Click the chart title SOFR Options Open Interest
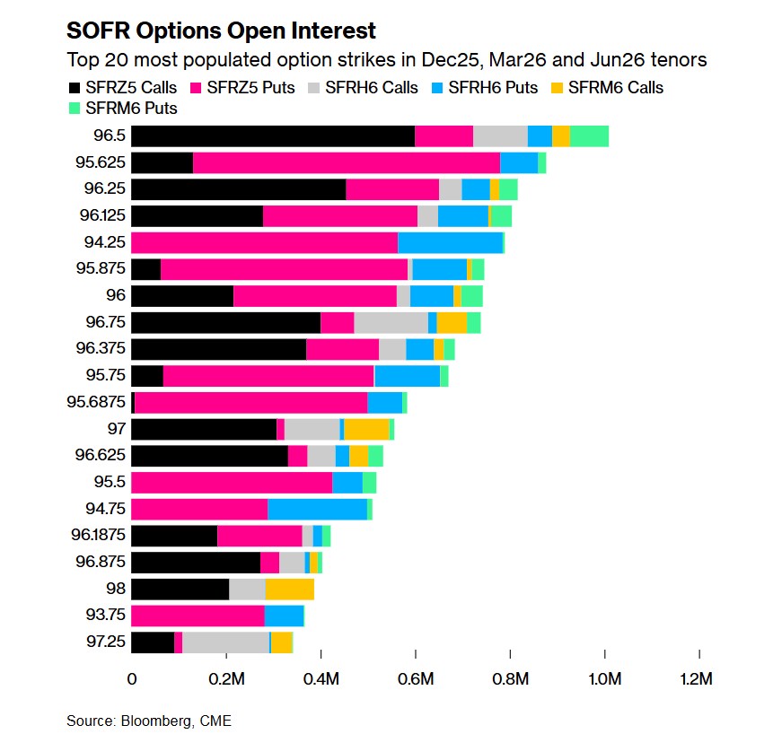[221, 31]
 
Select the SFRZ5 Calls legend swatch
[75, 88]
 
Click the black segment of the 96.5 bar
[273, 135]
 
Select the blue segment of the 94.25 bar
[450, 242]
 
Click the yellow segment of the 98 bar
[289, 589]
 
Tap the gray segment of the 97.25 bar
[225, 642]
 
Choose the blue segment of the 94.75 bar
[317, 509]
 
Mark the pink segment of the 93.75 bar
[198, 616]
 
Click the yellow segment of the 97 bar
[366, 429]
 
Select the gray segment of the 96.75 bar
[391, 322]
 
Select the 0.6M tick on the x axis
[415, 678]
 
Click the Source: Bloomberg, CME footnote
[148, 721]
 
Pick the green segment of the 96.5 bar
[589, 135]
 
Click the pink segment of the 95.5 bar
[232, 482]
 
